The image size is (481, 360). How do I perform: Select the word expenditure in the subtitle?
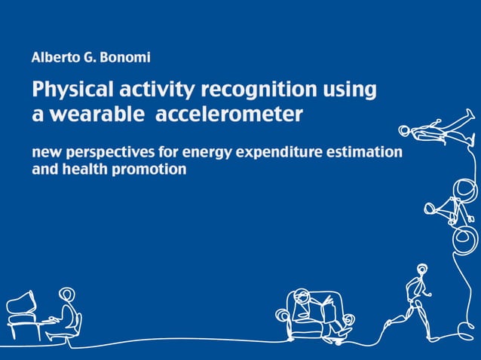click(x=280, y=153)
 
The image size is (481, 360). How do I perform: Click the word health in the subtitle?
click(x=86, y=169)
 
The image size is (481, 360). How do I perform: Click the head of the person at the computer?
click(x=67, y=294)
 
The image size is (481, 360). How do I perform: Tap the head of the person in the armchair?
click(x=302, y=295)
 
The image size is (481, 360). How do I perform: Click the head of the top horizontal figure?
click(x=405, y=132)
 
